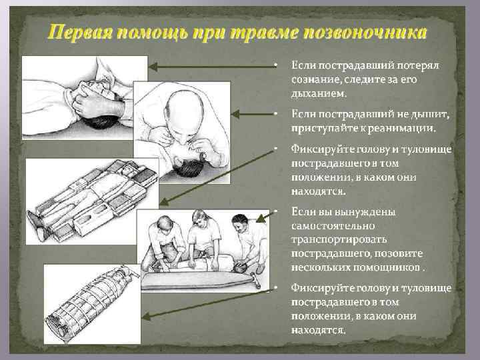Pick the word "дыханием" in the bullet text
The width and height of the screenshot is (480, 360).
(x=317, y=93)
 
